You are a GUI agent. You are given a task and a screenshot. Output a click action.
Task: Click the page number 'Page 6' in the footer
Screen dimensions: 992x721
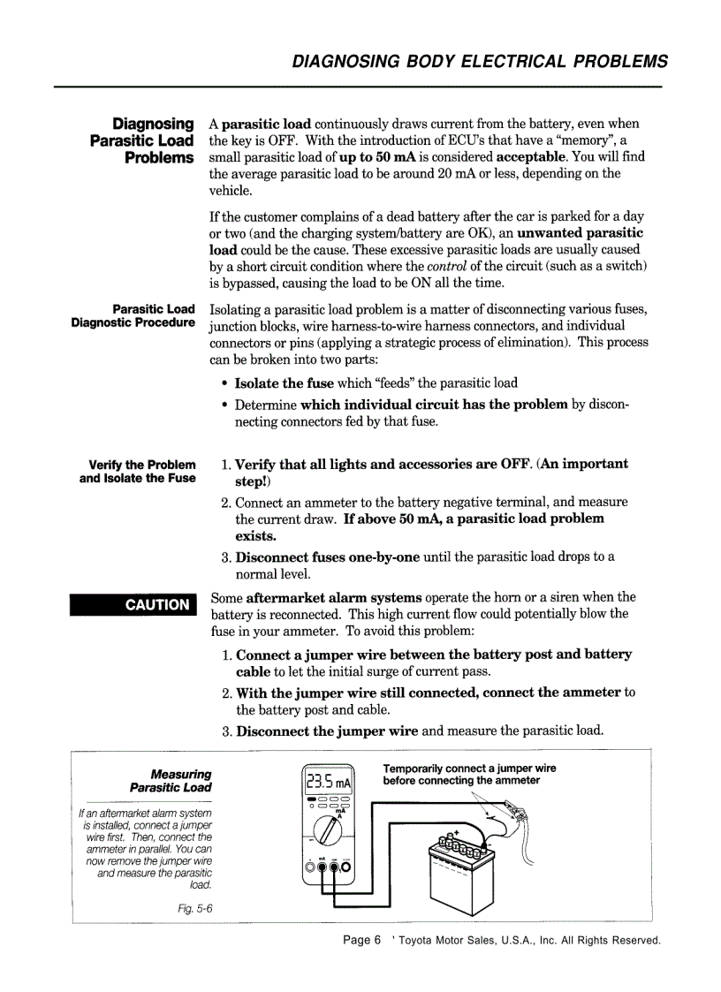tap(361, 940)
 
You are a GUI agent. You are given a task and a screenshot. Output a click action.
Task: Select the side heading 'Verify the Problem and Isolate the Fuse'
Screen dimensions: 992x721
tap(137, 471)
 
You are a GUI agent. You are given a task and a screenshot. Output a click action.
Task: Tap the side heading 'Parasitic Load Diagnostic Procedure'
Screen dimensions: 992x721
tap(133, 315)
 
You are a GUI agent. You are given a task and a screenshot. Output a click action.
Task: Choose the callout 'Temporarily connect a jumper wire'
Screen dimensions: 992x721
tap(469, 768)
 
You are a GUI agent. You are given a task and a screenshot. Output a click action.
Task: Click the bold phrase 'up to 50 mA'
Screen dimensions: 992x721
tap(377, 157)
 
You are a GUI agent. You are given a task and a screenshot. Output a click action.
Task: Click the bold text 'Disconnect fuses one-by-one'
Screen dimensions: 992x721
tap(322, 557)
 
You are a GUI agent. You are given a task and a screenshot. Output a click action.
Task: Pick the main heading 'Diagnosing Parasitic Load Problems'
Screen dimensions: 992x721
tap(141, 140)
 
